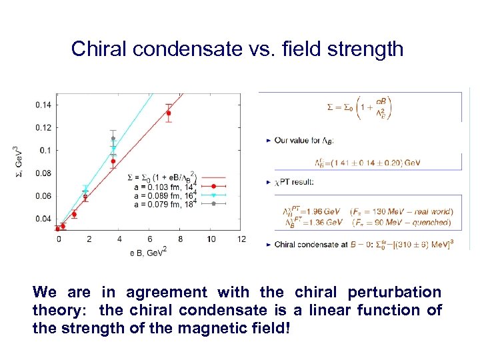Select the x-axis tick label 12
tap(241, 239)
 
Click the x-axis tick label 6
tap(150, 239)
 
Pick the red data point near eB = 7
tap(169, 113)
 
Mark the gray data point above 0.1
tap(113, 139)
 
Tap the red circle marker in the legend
tap(213, 187)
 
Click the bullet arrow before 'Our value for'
tap(268, 141)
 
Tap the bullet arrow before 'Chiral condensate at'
tap(268, 244)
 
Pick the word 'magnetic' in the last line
tap(213, 329)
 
